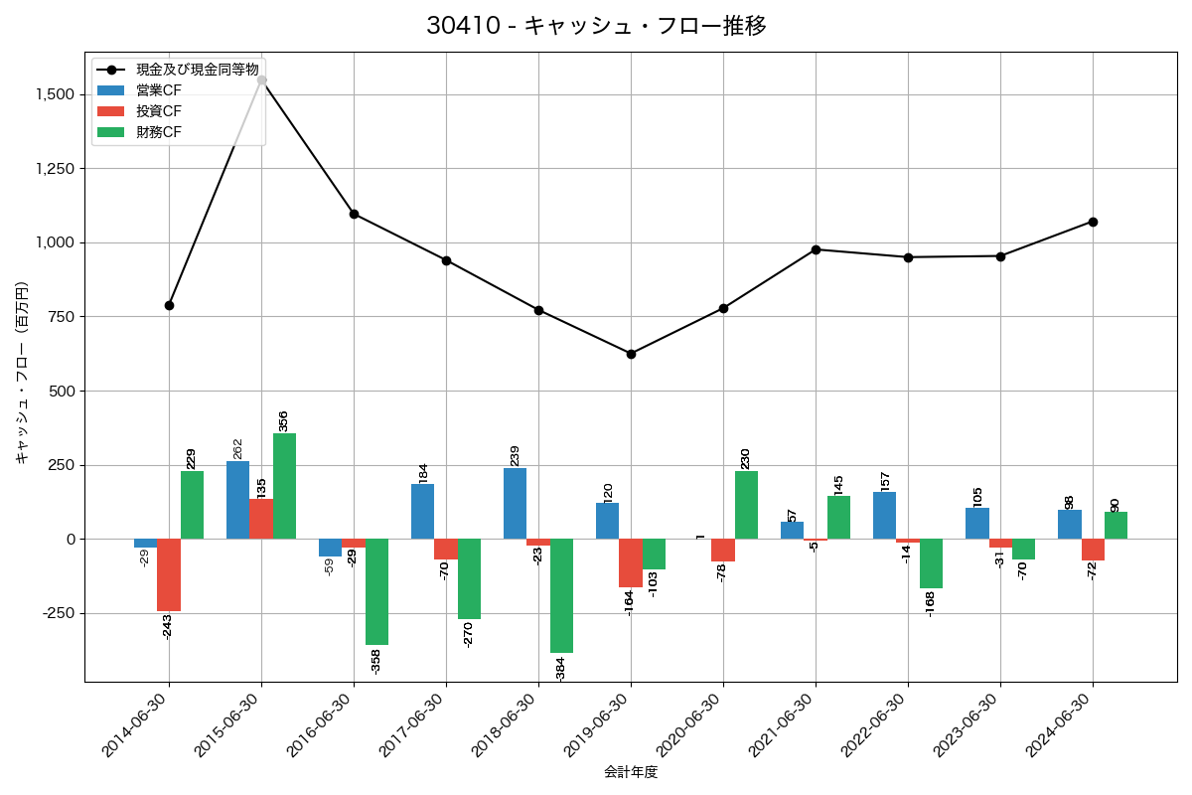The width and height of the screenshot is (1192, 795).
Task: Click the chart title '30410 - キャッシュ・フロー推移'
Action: click(x=596, y=26)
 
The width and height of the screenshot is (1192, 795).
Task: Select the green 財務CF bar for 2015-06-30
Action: click(x=284, y=486)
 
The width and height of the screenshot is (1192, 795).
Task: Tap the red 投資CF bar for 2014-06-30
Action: click(x=169, y=574)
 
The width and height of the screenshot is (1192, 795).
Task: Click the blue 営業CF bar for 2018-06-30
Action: click(x=515, y=503)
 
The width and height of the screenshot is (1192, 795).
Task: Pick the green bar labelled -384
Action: click(x=561, y=595)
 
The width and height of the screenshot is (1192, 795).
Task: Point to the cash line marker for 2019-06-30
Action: click(x=631, y=354)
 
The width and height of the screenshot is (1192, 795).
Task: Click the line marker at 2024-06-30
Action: click(x=1093, y=222)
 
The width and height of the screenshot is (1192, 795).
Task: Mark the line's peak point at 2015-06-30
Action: click(x=261, y=79)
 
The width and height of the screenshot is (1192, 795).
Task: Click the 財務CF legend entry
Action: click(x=159, y=131)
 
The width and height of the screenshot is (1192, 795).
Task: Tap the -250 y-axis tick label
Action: click(x=57, y=613)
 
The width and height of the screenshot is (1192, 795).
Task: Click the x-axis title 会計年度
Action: click(x=631, y=772)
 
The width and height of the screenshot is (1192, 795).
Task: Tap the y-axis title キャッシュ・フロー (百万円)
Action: click(x=22, y=373)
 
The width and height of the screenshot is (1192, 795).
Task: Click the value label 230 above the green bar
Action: click(x=745, y=458)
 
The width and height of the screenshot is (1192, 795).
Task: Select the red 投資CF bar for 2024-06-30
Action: click(x=1093, y=550)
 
